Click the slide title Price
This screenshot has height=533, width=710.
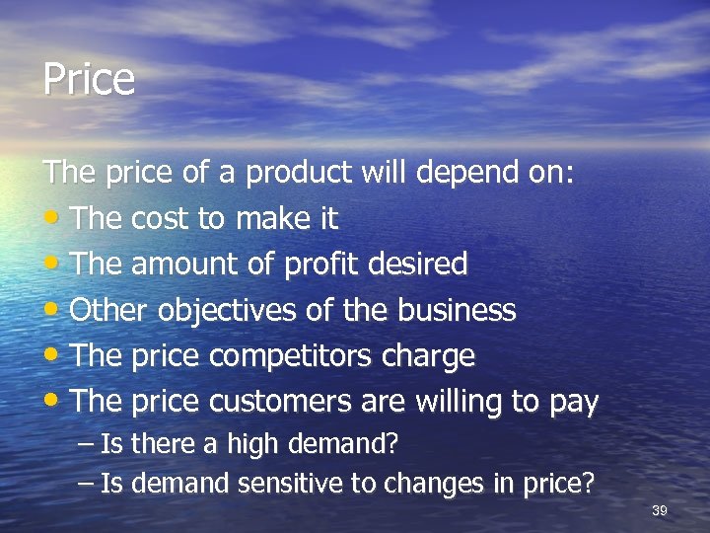coord(89,79)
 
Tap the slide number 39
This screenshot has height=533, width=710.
coord(660,510)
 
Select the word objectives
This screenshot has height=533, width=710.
coord(215,312)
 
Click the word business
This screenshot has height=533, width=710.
coord(457,310)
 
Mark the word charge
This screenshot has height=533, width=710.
coord(434,357)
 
